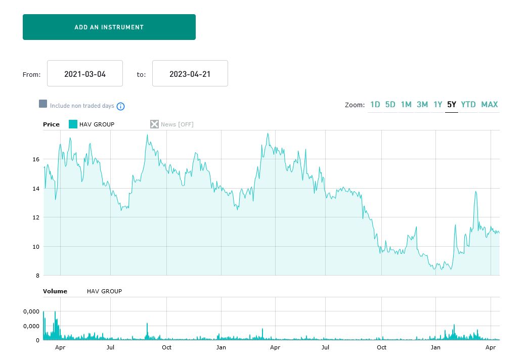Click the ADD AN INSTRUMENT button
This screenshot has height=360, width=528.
click(109, 27)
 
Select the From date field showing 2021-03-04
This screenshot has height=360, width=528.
click(85, 74)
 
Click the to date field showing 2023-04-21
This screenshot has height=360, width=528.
click(190, 74)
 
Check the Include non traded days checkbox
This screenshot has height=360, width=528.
click(43, 104)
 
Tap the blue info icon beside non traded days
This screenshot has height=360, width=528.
click(120, 106)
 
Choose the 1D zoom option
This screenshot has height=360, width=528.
click(375, 105)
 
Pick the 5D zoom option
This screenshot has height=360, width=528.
click(390, 105)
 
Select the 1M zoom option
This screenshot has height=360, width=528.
click(406, 105)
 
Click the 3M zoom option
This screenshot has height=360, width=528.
click(422, 105)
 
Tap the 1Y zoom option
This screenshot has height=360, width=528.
click(438, 105)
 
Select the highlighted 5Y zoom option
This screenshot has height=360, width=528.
click(452, 105)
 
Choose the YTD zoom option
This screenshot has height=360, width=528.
click(468, 105)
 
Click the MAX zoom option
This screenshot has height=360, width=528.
click(490, 105)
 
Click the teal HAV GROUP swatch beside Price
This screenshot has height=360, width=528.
click(73, 124)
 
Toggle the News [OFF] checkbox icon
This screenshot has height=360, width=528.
click(154, 124)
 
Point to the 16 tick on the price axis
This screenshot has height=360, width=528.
click(36, 159)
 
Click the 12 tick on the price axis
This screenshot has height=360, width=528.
click(36, 217)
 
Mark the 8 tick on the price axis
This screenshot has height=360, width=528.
click(37, 276)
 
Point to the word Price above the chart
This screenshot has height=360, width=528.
click(51, 124)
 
